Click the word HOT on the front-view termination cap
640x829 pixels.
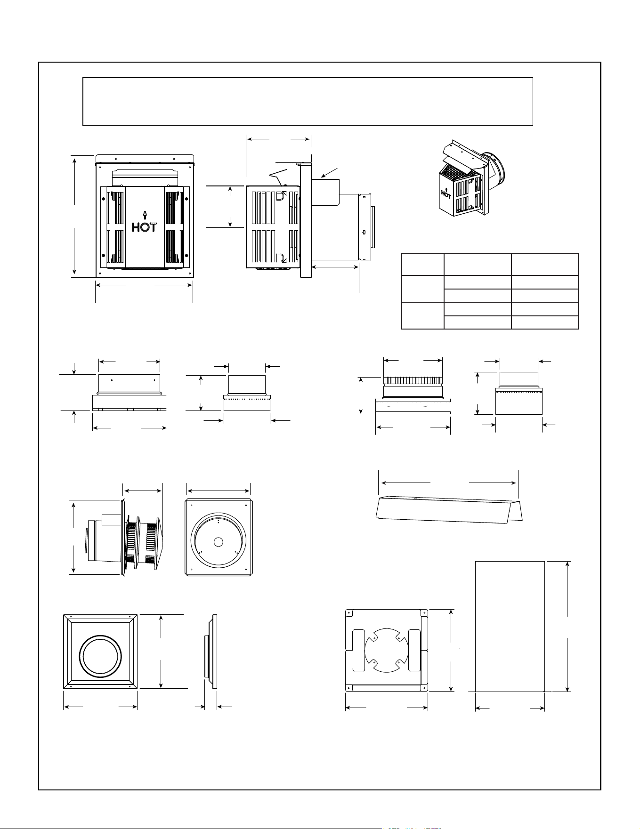pos(144,227)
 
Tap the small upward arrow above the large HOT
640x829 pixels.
pos(145,215)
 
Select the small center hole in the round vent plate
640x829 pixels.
pos(218,542)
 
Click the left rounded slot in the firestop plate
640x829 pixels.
pos(359,650)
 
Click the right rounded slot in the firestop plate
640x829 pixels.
pos(414,650)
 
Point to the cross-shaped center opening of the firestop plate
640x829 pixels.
pos(386,651)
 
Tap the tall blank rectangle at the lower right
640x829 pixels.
pos(510,626)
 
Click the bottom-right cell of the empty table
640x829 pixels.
pos(545,322)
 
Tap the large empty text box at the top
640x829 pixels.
pos(308,101)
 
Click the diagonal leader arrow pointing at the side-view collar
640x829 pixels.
pos(329,172)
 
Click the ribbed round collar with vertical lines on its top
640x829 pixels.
pos(413,381)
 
